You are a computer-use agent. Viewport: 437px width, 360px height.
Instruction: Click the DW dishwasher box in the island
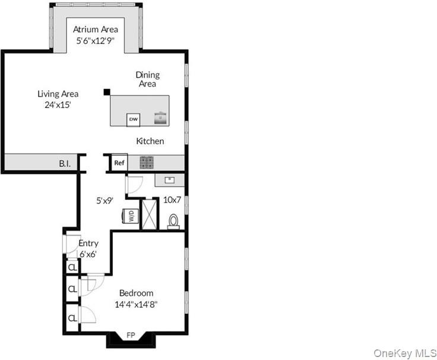click(x=133, y=120)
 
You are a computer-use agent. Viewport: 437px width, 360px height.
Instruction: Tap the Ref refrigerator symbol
click(x=119, y=163)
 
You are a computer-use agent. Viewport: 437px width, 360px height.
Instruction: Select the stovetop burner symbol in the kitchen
click(x=147, y=163)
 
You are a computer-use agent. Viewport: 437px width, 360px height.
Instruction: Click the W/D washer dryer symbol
click(x=131, y=216)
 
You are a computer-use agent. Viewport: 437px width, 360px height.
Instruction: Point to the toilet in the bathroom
click(x=173, y=222)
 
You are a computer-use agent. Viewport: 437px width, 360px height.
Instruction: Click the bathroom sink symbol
click(x=169, y=180)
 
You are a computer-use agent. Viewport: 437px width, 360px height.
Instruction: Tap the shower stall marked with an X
click(x=150, y=214)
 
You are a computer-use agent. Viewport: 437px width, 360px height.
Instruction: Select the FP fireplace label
click(x=131, y=335)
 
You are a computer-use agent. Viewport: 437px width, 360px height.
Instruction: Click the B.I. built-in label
click(x=65, y=164)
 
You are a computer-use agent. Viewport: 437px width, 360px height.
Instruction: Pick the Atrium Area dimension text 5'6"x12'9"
click(x=96, y=41)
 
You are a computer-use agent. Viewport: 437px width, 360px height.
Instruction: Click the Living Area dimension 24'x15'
click(x=58, y=105)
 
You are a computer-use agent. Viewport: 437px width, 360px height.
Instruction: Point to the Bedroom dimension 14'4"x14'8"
click(x=137, y=305)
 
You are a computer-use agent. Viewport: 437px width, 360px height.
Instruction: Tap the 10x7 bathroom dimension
click(x=172, y=200)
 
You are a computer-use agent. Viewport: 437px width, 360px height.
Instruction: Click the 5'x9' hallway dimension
click(x=104, y=200)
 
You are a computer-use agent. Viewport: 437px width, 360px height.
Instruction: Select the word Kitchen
click(x=150, y=141)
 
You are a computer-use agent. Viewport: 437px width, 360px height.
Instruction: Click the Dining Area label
click(x=147, y=79)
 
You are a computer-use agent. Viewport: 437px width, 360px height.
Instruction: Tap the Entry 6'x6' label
click(x=88, y=249)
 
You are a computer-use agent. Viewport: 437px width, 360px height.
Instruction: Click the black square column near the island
click(x=107, y=92)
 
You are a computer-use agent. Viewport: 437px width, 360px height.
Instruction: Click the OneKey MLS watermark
click(x=405, y=353)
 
